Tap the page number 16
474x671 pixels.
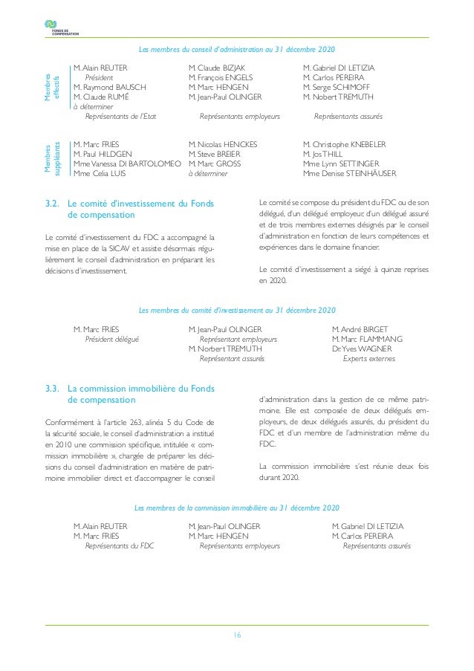pyautogui.click(x=237, y=635)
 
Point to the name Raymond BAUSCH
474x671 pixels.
pyautogui.click(x=110, y=87)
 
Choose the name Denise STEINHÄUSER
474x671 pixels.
pyautogui.click(x=350, y=174)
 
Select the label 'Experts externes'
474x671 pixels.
pyautogui.click(x=369, y=358)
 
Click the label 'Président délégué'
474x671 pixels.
pyautogui.click(x=112, y=339)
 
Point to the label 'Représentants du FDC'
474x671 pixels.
pyautogui.click(x=120, y=545)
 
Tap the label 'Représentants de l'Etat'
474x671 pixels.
pyautogui.click(x=120, y=117)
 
